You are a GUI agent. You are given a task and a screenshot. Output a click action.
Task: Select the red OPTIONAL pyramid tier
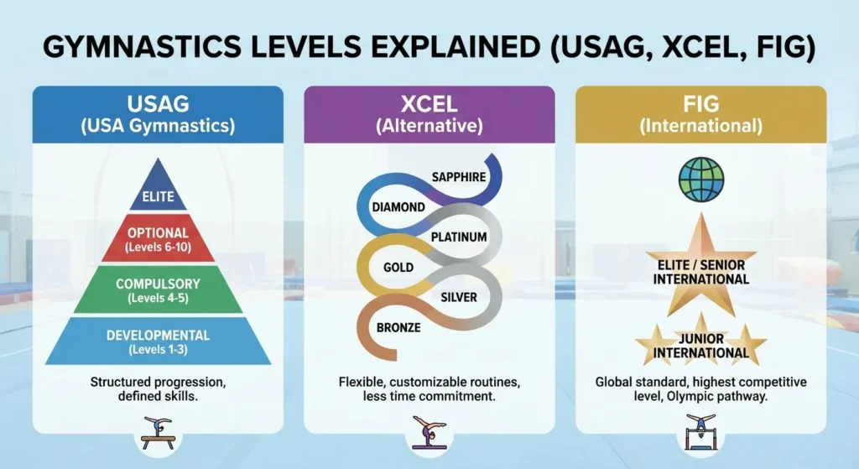[x=158, y=239]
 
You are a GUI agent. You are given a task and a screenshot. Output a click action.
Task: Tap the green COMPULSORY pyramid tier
[x=158, y=290]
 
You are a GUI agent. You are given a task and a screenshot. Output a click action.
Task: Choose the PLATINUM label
[x=458, y=237]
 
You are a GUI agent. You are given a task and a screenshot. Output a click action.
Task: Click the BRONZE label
[x=398, y=326]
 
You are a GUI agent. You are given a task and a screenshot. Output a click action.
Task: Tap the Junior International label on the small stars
[x=701, y=343]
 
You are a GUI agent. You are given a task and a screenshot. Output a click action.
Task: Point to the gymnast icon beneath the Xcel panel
[x=429, y=432]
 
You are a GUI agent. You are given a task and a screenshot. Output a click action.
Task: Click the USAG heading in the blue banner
[x=158, y=105]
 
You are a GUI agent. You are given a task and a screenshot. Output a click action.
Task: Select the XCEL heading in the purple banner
[x=429, y=105]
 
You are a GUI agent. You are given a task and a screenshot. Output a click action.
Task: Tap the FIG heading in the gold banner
[x=701, y=105]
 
